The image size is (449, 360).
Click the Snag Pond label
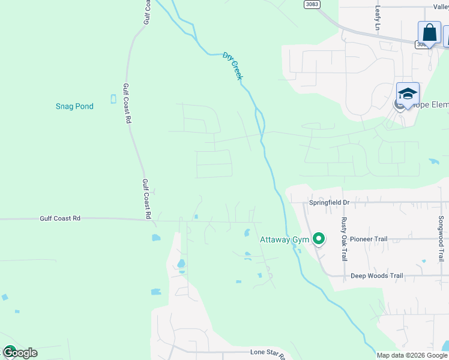tap(74, 106)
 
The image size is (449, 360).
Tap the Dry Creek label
tap(233, 65)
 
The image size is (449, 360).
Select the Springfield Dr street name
tap(329, 203)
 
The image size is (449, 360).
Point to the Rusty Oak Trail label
tap(345, 238)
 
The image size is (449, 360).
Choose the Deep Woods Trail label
tap(376, 276)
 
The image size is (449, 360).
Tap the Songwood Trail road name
tap(441, 239)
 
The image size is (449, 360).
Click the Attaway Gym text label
tap(284, 240)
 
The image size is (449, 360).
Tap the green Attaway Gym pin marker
tap(319, 239)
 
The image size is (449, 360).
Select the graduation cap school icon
tap(408, 94)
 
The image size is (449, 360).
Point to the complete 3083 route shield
tap(312, 4)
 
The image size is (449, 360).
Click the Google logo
tap(19, 353)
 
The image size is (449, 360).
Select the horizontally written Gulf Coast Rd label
tap(60, 219)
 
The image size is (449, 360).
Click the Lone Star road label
tap(268, 352)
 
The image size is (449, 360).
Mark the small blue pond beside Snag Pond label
tap(113, 99)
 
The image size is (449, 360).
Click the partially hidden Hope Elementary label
tap(431, 105)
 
